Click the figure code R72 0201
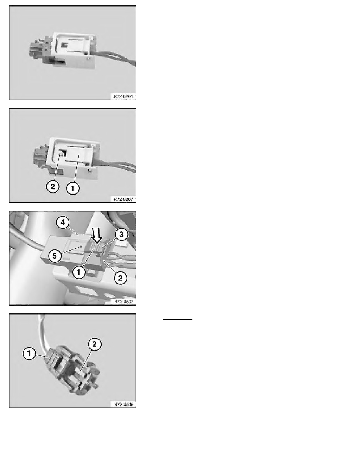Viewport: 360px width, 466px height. point(123,96)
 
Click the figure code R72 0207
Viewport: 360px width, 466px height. point(123,199)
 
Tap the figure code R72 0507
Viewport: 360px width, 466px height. point(124,302)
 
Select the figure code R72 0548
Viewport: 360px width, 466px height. point(124,404)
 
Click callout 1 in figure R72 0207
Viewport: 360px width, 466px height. point(73,188)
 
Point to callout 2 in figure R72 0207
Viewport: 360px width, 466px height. point(53,186)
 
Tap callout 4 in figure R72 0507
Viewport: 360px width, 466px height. point(63,222)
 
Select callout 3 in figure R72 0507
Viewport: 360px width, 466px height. point(121,234)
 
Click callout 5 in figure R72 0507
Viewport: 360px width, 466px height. point(55,256)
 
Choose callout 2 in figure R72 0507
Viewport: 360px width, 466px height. point(120,278)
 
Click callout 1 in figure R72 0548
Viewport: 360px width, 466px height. point(29,353)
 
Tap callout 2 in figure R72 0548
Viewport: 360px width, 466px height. point(95,344)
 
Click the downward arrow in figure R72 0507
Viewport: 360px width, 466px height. point(96,235)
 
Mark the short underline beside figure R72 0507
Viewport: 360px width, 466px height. point(178,217)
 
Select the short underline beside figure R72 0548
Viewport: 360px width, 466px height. point(178,319)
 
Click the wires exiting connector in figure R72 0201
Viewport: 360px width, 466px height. point(115,58)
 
